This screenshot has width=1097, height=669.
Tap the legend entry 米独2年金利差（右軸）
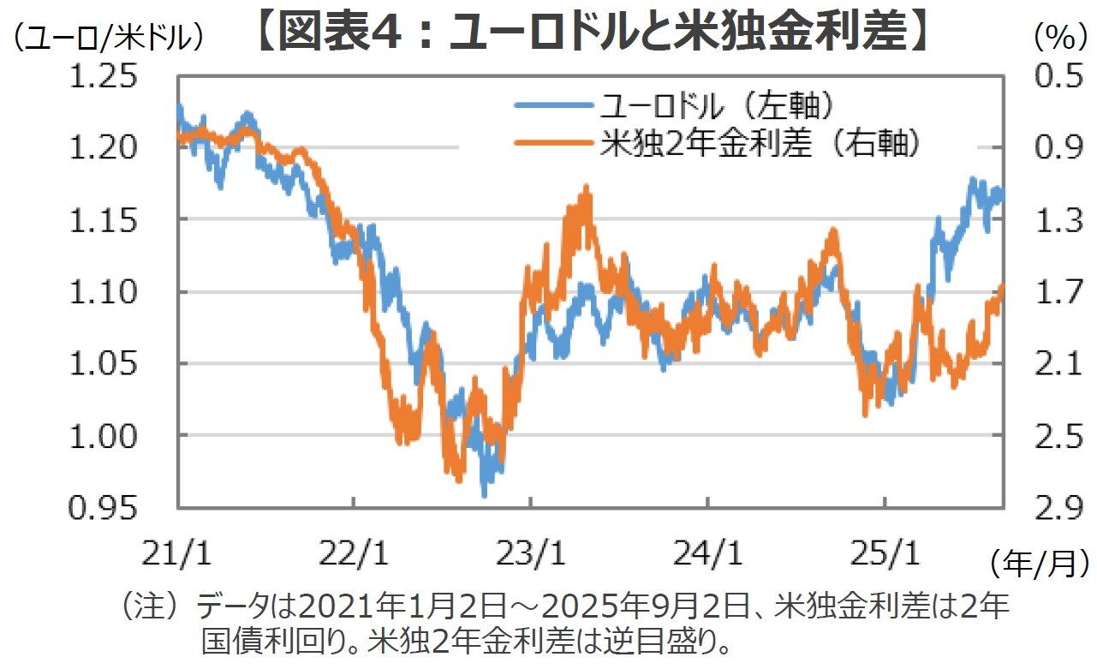[x=760, y=143]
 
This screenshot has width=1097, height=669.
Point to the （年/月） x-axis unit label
[x=1040, y=563]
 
